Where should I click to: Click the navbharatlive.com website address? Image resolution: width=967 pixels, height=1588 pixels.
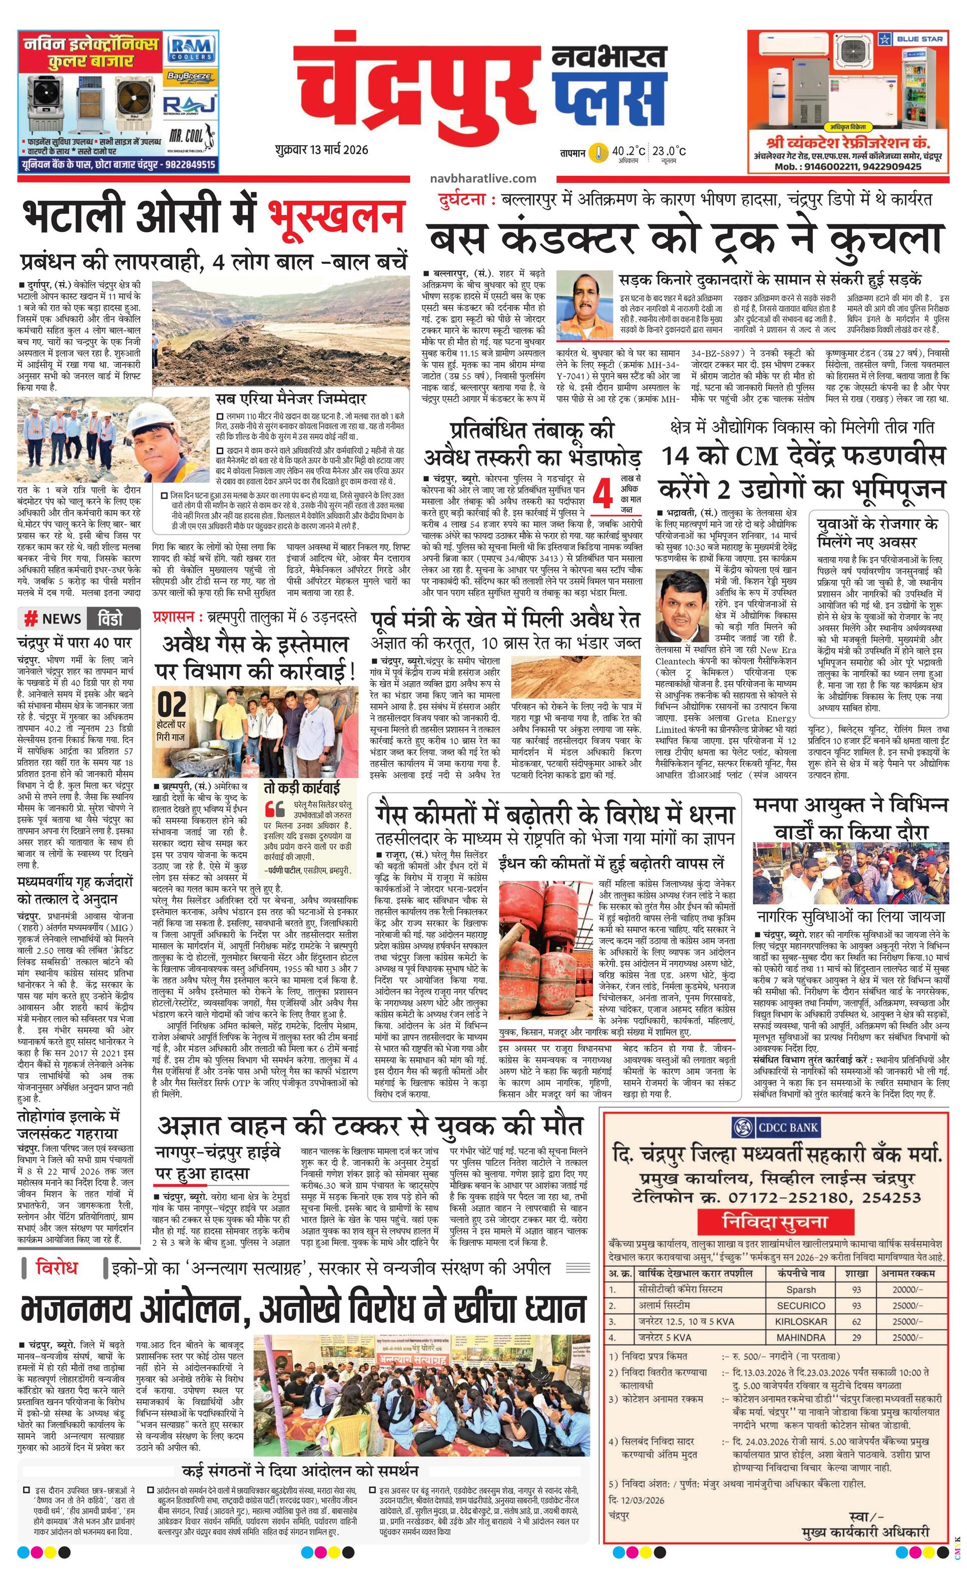click(481, 179)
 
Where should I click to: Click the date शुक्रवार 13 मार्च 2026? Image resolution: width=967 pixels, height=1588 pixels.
click(320, 150)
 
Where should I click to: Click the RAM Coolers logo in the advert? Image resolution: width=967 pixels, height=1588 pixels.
click(190, 49)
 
